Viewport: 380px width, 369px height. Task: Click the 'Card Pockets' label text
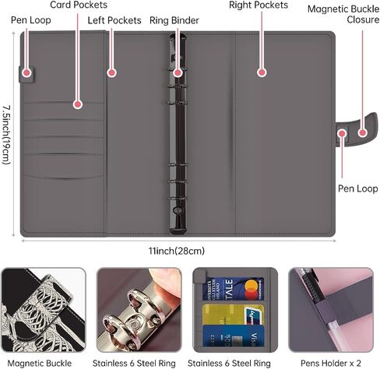coord(79,5)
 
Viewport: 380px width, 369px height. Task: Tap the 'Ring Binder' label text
coord(174,20)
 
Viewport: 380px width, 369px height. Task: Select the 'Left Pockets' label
coord(114,20)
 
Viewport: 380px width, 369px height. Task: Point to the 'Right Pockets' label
coord(259,5)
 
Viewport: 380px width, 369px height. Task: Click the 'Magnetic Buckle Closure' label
coord(343,14)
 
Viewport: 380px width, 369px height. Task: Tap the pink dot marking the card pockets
coord(78,104)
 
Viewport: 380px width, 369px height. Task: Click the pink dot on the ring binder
coord(178,72)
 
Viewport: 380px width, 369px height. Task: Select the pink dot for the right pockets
coord(262,72)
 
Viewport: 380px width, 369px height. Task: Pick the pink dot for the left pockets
coord(111,73)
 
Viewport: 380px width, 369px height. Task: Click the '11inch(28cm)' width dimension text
coord(177,251)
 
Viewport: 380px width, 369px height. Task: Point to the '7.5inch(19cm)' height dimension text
coord(6,135)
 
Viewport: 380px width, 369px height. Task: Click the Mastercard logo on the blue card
coord(252,290)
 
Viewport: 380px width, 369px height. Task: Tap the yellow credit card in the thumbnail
coord(233,315)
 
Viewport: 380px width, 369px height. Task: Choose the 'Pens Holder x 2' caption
coord(331,363)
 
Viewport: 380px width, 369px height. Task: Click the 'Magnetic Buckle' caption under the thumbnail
coord(40,363)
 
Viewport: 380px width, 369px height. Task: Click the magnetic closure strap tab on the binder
coord(357,130)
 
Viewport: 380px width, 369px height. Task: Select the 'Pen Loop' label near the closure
coord(357,188)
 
